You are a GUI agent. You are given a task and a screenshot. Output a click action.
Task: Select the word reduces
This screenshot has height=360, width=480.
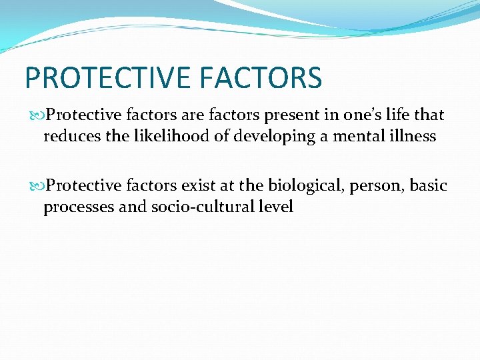pyautogui.click(x=69, y=137)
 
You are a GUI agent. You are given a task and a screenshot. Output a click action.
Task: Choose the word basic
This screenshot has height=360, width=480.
pyautogui.click(x=428, y=185)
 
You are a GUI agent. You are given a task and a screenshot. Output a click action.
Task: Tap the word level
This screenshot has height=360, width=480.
pyautogui.click(x=275, y=207)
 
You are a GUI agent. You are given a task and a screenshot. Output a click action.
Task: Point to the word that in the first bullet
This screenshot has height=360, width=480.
pyautogui.click(x=429, y=115)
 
